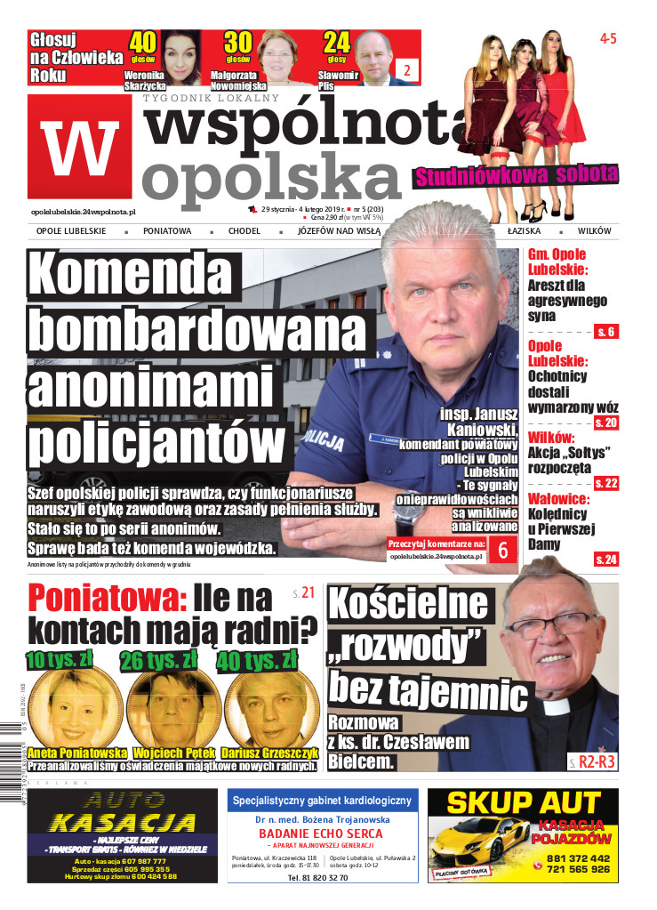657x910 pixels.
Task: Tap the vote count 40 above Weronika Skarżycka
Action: (143, 42)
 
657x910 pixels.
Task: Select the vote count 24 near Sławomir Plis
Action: (337, 42)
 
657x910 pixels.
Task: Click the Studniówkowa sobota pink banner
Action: (516, 173)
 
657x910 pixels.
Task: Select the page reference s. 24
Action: (606, 559)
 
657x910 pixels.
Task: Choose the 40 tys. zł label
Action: (259, 659)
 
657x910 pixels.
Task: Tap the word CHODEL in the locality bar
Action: (244, 231)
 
